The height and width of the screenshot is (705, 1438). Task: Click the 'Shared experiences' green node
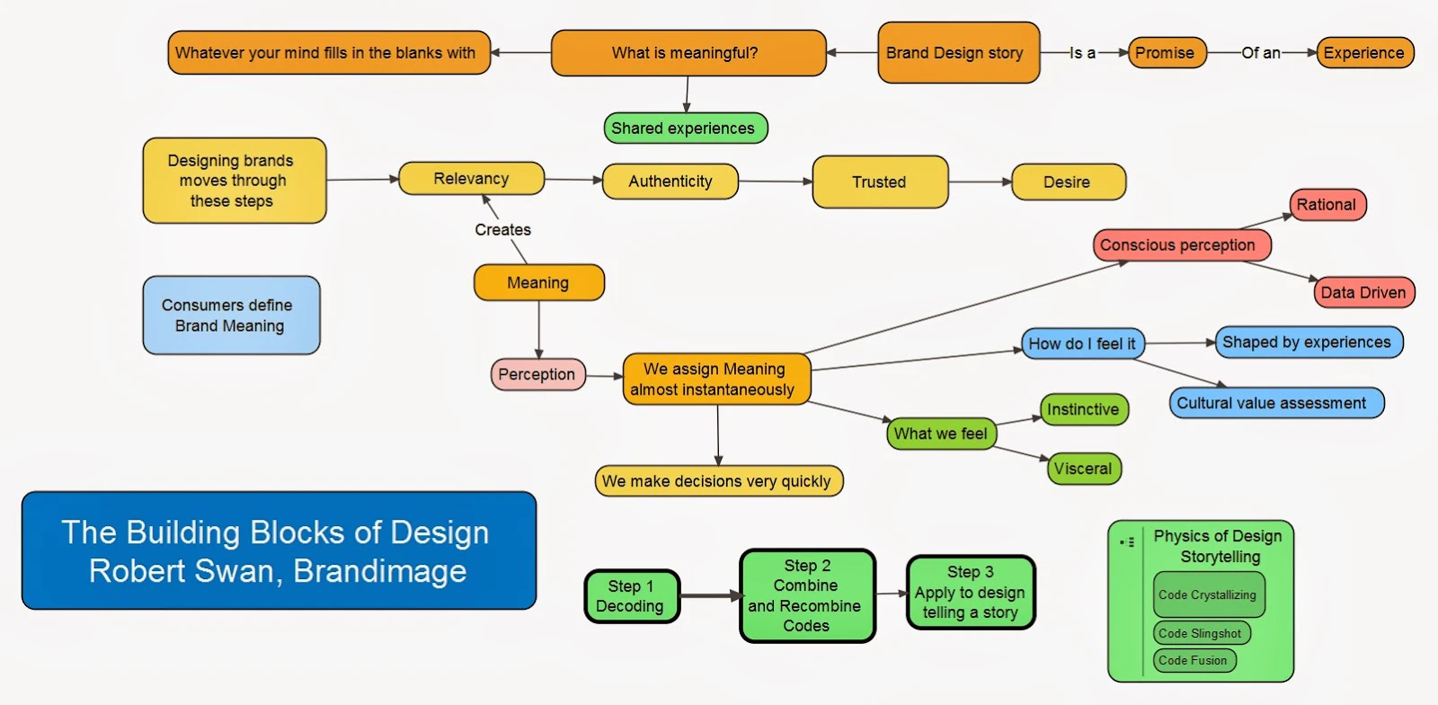685,129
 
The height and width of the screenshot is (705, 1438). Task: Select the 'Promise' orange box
1166,53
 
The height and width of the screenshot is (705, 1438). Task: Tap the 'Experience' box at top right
1364,53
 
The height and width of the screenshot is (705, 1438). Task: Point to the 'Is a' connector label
1082,53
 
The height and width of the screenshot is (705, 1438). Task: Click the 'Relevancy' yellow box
471,179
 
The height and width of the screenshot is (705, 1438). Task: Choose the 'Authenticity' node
670,182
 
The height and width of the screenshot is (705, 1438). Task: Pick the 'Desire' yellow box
1068,182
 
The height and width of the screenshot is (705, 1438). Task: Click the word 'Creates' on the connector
502,230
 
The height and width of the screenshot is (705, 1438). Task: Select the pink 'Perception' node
537,375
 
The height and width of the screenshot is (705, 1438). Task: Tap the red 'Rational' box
1327,205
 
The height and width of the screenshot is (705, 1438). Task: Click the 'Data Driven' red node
1363,292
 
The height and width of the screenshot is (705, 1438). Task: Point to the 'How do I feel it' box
1082,344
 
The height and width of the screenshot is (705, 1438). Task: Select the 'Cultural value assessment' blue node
1275,403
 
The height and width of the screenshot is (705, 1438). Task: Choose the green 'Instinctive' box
1084,410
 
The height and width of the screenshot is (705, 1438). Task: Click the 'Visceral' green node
1084,469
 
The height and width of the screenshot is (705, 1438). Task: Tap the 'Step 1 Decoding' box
631,596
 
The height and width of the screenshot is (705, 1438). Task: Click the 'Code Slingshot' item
1201,633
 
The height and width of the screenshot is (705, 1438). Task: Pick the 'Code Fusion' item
1194,661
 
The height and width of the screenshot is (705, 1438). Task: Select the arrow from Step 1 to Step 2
710,595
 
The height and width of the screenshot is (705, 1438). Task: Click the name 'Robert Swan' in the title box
180,572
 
